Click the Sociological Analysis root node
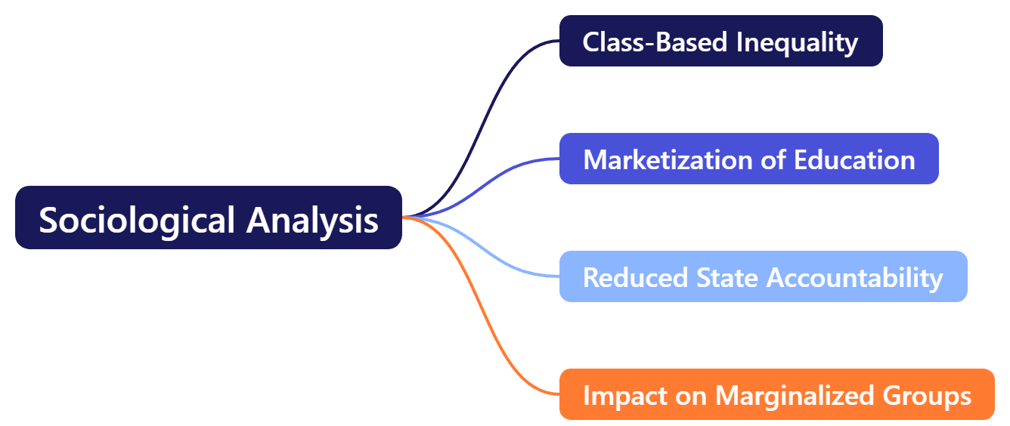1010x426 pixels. coord(208,218)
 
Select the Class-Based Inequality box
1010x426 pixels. coord(720,41)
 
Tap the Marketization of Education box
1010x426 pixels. coord(748,159)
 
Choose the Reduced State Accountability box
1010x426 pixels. coord(763,276)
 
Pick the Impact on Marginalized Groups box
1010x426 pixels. coord(776,394)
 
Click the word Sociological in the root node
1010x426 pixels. coord(137,220)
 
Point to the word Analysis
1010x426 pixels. coord(312,220)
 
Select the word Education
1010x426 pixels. coord(854,159)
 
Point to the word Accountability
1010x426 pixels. coord(855,277)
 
